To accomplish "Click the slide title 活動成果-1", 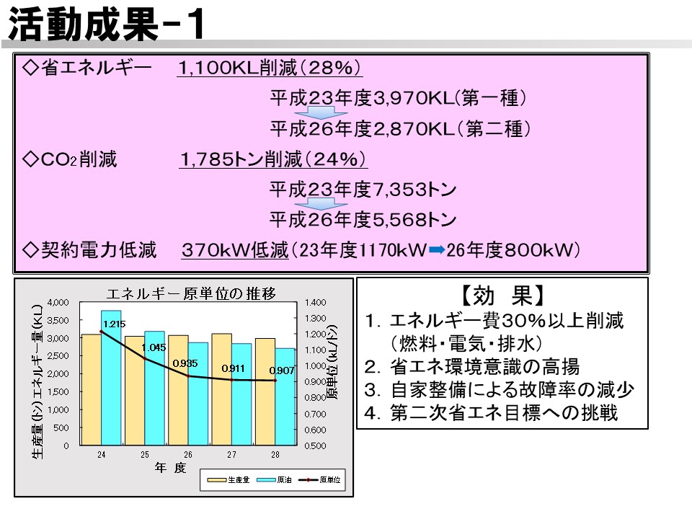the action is pyautogui.click(x=106, y=25).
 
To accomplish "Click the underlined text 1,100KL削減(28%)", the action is pyautogui.click(x=270, y=68).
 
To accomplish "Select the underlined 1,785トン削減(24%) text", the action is pyautogui.click(x=274, y=159).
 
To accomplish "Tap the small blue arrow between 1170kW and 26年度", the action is pyautogui.click(x=437, y=250).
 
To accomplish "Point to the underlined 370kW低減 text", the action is pyautogui.click(x=235, y=250).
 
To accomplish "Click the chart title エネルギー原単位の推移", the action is pyautogui.click(x=191, y=293).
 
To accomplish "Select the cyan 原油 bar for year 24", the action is pyautogui.click(x=111, y=378).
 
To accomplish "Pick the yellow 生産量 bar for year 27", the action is pyautogui.click(x=221, y=389).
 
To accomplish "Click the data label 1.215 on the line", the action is pyautogui.click(x=115, y=324).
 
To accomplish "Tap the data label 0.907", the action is pyautogui.click(x=282, y=371).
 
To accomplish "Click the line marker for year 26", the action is pyautogui.click(x=188, y=376).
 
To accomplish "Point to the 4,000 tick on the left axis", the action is pyautogui.click(x=58, y=302).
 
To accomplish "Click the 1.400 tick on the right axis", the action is pyautogui.click(x=315, y=302).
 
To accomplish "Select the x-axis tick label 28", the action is pyautogui.click(x=275, y=455).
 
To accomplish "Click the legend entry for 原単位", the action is pyautogui.click(x=320, y=480).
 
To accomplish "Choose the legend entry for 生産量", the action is pyautogui.click(x=229, y=480).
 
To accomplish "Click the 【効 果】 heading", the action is pyautogui.click(x=502, y=296).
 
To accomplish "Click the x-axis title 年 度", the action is pyautogui.click(x=170, y=468).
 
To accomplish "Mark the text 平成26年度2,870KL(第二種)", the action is pyautogui.click(x=400, y=129).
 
